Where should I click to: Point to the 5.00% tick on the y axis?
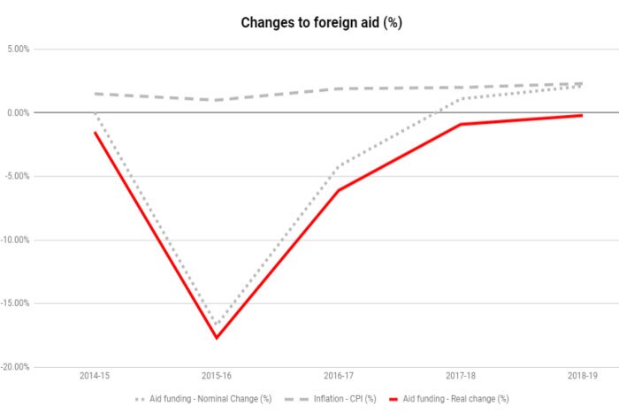point(17,50)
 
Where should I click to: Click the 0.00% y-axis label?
point(17,113)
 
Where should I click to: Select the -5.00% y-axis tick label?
point(16,176)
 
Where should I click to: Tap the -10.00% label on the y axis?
point(15,240)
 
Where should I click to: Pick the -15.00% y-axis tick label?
point(15,303)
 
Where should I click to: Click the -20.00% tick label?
point(15,367)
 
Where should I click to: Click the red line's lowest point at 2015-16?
point(216,338)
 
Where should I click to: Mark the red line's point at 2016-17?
point(338,190)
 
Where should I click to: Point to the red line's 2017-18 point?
point(460,125)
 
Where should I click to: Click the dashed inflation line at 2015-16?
point(216,100)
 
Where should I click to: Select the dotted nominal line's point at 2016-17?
point(338,165)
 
